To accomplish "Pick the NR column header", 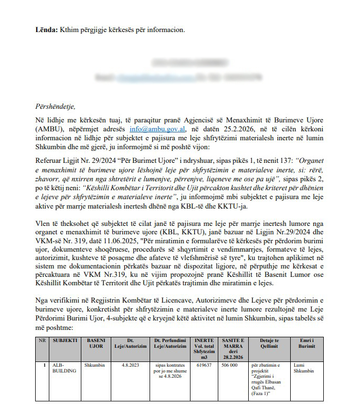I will [43, 340].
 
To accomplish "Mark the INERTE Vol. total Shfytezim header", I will [204, 347].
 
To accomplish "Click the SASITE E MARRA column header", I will [231, 347].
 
